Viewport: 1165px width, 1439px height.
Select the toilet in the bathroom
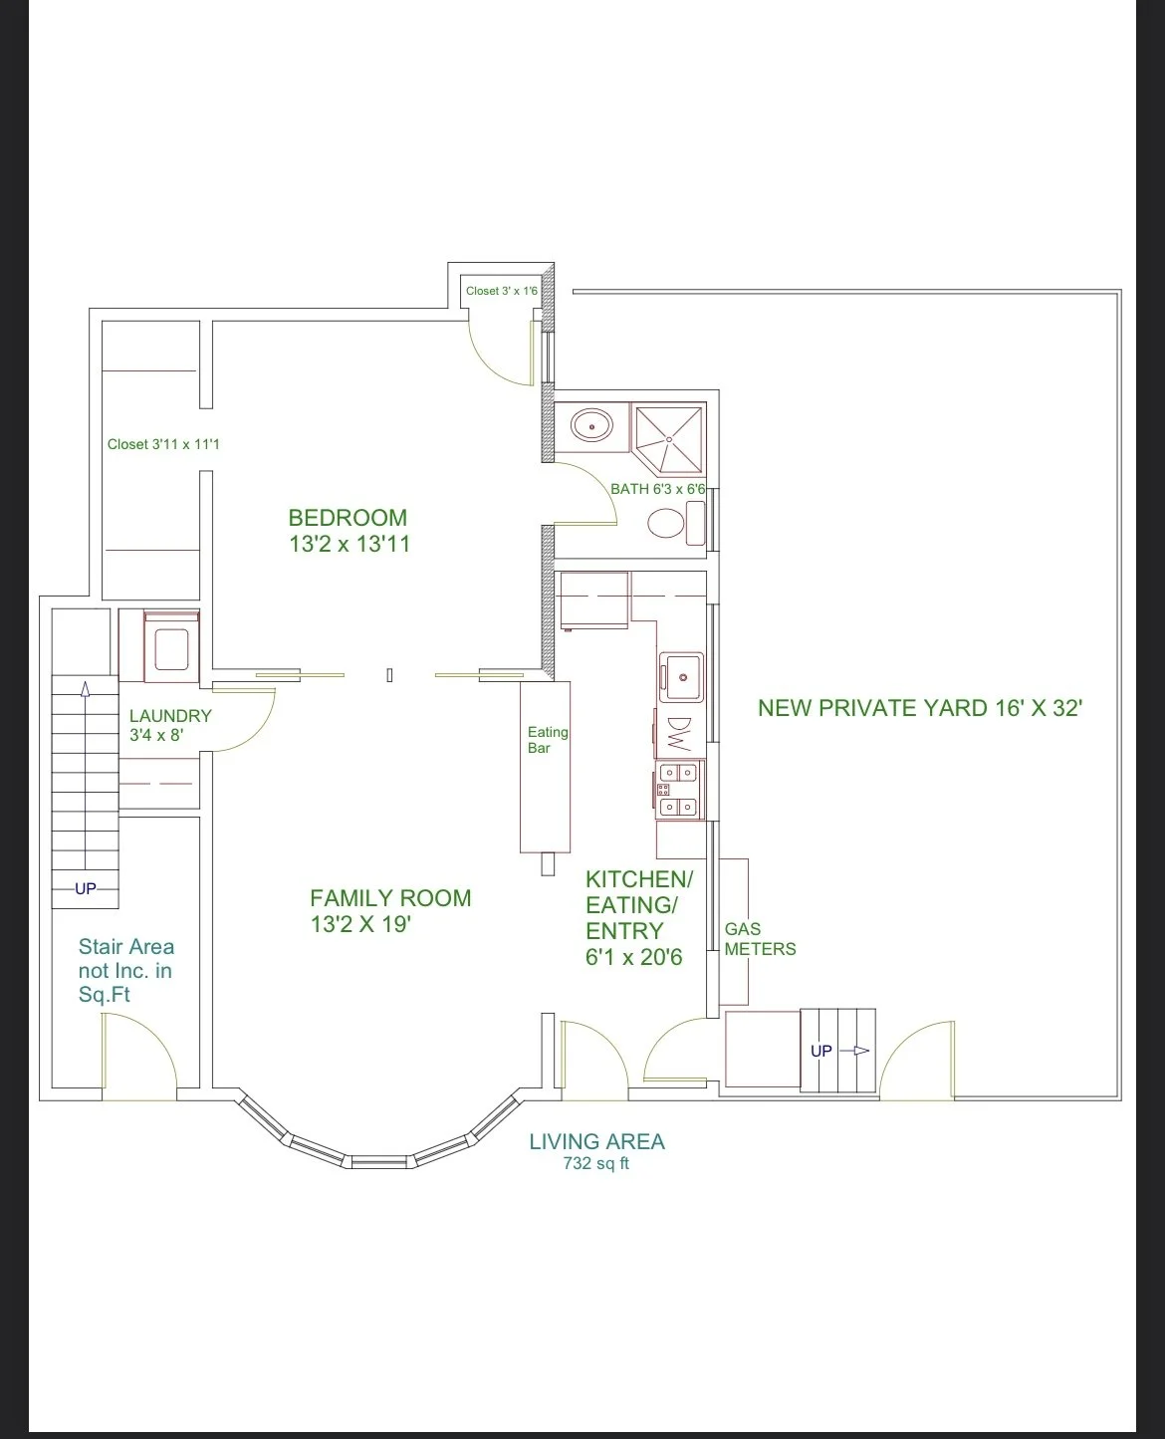(676, 523)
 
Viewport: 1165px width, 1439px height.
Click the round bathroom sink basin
(591, 426)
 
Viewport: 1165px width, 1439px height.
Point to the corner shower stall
(668, 439)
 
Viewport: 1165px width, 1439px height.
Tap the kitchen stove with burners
(679, 790)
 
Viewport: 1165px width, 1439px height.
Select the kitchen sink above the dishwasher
(681, 677)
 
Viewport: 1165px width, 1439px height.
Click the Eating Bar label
(547, 740)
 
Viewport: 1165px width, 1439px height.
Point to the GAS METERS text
(760, 939)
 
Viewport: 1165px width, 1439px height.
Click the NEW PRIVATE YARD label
(920, 708)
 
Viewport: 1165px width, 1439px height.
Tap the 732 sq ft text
(595, 1163)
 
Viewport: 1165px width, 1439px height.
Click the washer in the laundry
(171, 646)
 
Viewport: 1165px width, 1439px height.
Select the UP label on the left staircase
(85, 888)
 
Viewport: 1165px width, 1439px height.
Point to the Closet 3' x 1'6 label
(502, 291)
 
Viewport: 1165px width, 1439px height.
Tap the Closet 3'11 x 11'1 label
(163, 444)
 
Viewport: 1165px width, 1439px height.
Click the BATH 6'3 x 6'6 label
(658, 488)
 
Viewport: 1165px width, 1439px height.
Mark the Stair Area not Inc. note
(126, 970)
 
